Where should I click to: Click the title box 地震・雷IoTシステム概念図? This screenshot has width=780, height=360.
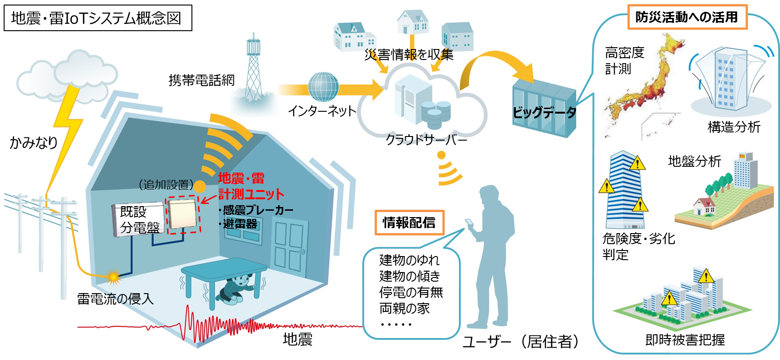pyautogui.click(x=98, y=18)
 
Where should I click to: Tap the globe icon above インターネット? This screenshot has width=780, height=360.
pyautogui.click(x=323, y=87)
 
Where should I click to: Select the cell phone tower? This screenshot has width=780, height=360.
pyautogui.click(x=253, y=69)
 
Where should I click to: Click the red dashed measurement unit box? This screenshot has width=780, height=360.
pyautogui.click(x=183, y=214)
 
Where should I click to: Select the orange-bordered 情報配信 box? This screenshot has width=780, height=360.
pyautogui.click(x=409, y=223)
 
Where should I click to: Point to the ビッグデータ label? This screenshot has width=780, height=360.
pyautogui.click(x=544, y=112)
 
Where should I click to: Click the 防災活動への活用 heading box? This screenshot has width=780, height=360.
pyautogui.click(x=687, y=17)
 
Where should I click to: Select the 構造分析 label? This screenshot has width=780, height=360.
pyautogui.click(x=734, y=127)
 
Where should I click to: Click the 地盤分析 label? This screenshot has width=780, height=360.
pyautogui.click(x=694, y=161)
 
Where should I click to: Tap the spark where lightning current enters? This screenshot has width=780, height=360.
pyautogui.click(x=113, y=276)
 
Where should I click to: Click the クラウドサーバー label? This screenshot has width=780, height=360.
pyautogui.click(x=426, y=139)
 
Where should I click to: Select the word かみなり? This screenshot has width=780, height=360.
pyautogui.click(x=34, y=142)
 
